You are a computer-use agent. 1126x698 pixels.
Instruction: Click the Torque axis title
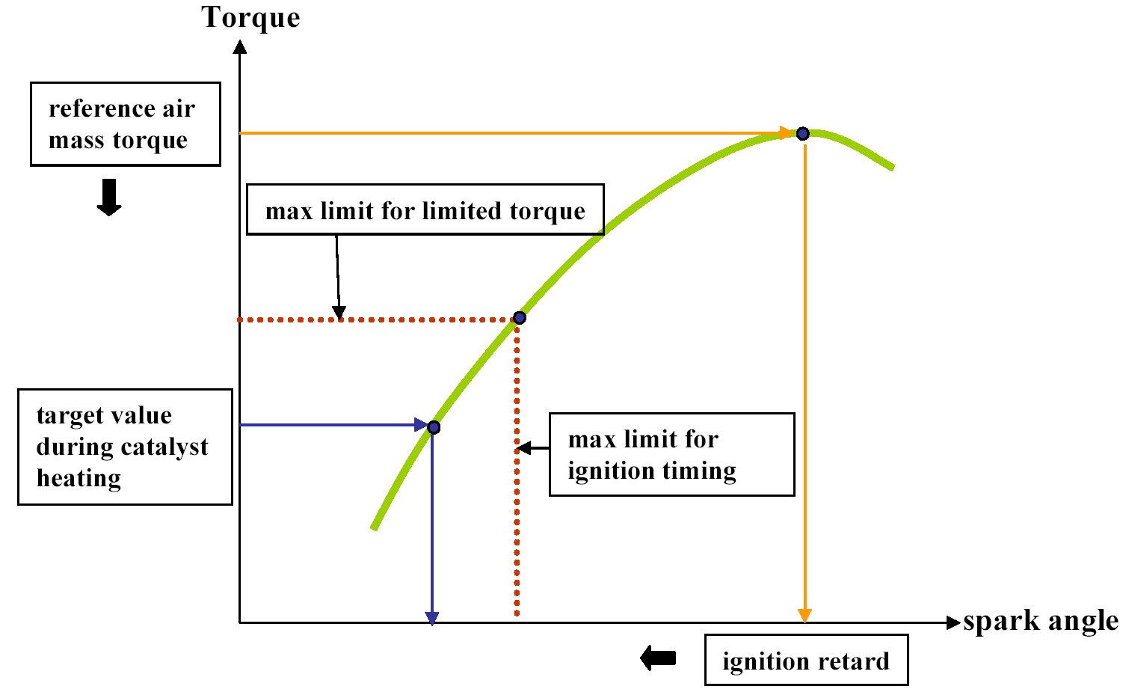(250, 17)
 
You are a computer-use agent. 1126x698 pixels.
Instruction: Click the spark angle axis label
(1040, 621)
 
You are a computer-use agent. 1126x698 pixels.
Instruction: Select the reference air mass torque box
(125, 124)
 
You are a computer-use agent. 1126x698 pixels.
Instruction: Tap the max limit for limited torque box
(425, 210)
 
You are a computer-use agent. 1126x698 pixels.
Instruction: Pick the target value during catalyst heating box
(125, 447)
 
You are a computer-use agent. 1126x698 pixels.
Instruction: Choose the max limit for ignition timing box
(671, 454)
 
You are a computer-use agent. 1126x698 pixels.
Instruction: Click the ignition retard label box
(806, 660)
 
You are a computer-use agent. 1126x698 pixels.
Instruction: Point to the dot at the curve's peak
(802, 134)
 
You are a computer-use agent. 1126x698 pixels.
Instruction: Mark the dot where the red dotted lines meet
(520, 318)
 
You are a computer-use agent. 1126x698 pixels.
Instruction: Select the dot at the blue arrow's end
(433, 427)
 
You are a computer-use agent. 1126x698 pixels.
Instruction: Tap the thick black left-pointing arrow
(658, 658)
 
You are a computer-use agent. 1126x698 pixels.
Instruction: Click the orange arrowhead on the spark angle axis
(804, 615)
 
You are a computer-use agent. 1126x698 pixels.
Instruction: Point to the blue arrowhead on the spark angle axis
(432, 617)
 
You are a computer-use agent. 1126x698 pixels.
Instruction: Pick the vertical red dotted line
(517, 524)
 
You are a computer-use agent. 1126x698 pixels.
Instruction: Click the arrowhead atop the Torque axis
(240, 46)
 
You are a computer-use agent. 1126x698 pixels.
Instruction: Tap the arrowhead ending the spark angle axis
(953, 622)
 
